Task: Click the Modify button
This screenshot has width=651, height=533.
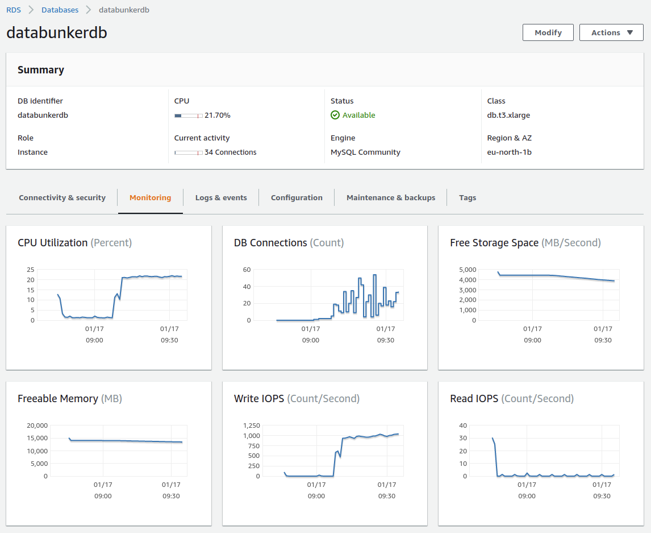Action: point(548,32)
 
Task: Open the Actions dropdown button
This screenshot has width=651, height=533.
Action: point(611,32)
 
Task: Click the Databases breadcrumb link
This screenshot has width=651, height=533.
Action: point(60,10)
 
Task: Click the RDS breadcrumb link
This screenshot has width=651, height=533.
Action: point(14,10)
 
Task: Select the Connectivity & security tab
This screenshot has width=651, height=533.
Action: point(62,197)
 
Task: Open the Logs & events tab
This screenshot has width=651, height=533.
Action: point(221,197)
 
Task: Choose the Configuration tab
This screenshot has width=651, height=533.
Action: point(297,197)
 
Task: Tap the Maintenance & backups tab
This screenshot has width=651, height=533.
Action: point(391,197)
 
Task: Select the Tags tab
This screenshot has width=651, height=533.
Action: point(468,197)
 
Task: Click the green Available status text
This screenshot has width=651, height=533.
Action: point(358,115)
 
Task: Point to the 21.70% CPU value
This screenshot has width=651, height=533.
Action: point(217,115)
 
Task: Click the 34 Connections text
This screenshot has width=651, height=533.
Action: point(230,152)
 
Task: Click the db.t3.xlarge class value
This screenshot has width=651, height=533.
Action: point(508,115)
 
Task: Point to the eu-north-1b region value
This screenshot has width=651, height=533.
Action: point(509,152)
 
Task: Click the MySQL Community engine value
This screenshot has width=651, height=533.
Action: point(365,152)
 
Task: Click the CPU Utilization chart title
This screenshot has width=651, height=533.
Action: point(53,243)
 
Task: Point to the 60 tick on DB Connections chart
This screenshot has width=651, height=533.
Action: point(247,270)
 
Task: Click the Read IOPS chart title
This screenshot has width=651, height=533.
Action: point(474,399)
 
